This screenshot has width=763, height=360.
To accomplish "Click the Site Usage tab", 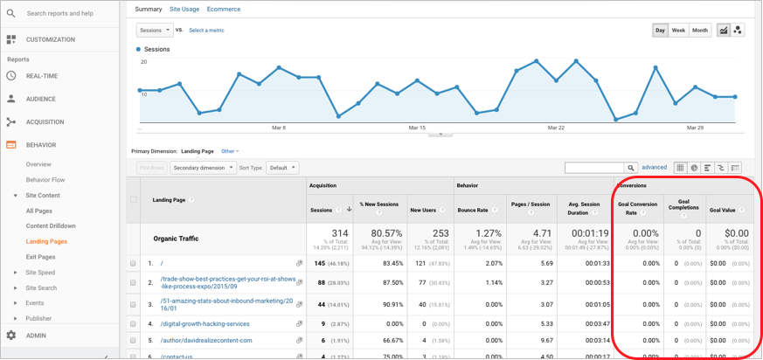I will [184, 10].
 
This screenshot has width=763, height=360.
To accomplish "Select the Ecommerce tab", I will [224, 10].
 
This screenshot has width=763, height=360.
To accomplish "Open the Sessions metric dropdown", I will [155, 30].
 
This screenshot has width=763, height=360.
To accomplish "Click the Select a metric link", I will [206, 31].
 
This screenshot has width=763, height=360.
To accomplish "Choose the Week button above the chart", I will [678, 31].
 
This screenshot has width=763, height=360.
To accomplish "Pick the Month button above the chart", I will [700, 31].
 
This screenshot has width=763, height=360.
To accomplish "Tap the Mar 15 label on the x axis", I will [417, 128].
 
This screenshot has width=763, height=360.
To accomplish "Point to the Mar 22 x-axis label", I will [555, 128].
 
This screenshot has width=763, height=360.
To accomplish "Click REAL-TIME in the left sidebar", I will [42, 76].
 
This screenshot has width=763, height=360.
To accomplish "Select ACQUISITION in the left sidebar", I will [45, 122].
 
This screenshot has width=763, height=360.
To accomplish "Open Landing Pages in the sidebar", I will [46, 241].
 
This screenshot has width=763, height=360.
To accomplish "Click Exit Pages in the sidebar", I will [40, 257].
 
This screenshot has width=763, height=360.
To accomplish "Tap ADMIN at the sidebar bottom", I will [36, 336].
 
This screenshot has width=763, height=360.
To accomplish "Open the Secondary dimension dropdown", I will [203, 168].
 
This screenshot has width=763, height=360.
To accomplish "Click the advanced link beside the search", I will [654, 168].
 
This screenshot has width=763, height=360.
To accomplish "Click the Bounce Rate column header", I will [473, 210].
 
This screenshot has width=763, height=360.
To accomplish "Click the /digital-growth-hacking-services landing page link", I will [205, 324].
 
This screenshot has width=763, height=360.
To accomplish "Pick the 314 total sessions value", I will [338, 234].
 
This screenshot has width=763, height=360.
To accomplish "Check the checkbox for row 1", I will [133, 263].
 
